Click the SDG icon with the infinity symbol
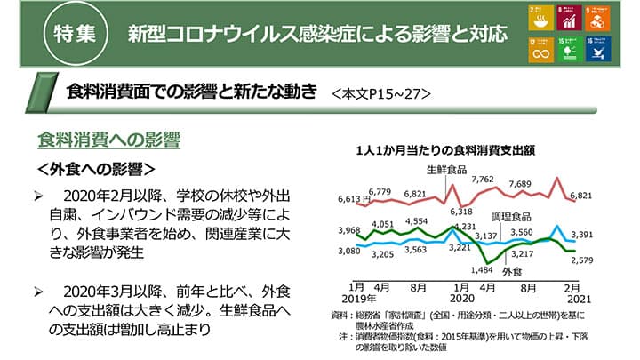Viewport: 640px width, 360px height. tap(540, 50)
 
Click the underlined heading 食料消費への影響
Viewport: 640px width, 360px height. tap(108, 140)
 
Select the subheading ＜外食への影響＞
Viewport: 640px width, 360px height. tap(97, 168)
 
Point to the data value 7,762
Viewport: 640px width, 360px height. tap(484, 180)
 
